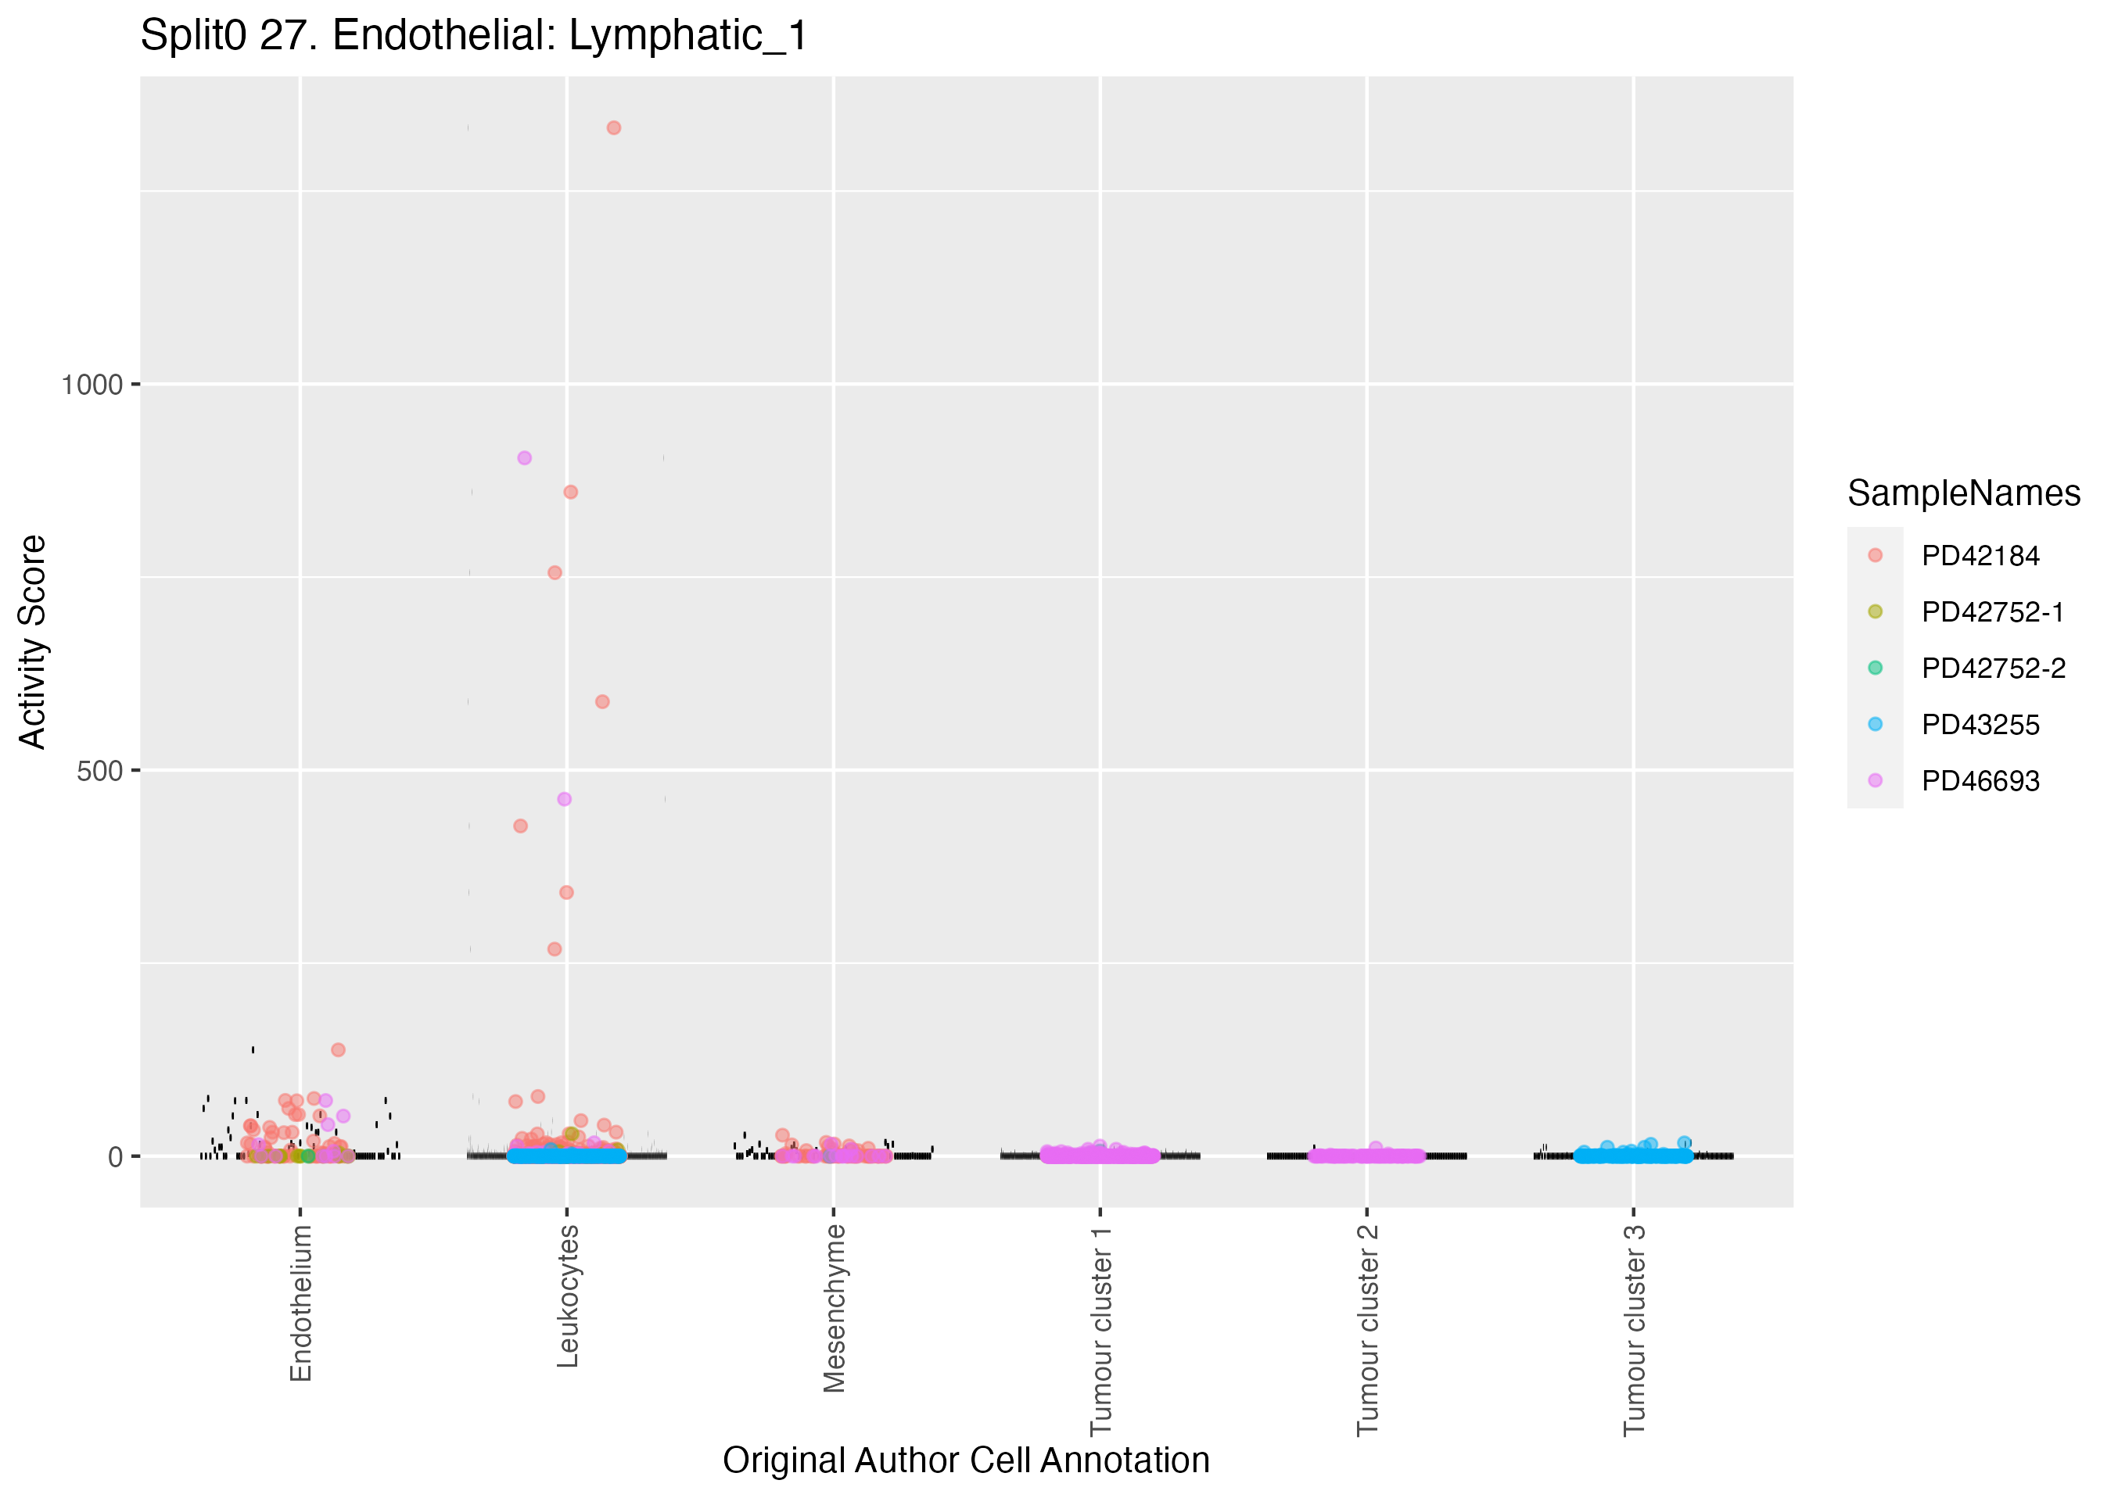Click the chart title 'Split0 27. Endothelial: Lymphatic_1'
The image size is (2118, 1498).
coord(474,37)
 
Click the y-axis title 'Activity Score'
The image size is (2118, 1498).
coord(33,642)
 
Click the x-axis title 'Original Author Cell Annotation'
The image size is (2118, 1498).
coord(966,1460)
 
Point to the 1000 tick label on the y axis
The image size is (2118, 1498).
coord(92,385)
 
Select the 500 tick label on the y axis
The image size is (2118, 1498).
coord(99,770)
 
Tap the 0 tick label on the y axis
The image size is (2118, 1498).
coord(115,1156)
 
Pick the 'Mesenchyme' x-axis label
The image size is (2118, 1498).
coord(835,1308)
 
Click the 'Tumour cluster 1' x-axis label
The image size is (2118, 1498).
coord(1101,1330)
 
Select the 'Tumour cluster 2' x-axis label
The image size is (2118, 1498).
coord(1368,1330)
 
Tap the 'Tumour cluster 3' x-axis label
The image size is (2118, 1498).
coord(1635,1330)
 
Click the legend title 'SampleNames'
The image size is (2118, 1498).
coord(1964,493)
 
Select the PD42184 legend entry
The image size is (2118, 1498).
coord(1980,555)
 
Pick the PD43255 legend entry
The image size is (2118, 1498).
coord(1980,724)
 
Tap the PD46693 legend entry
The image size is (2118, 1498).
coord(1980,780)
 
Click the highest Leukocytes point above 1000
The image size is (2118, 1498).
coord(613,128)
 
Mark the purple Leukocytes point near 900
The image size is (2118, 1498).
coord(524,457)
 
